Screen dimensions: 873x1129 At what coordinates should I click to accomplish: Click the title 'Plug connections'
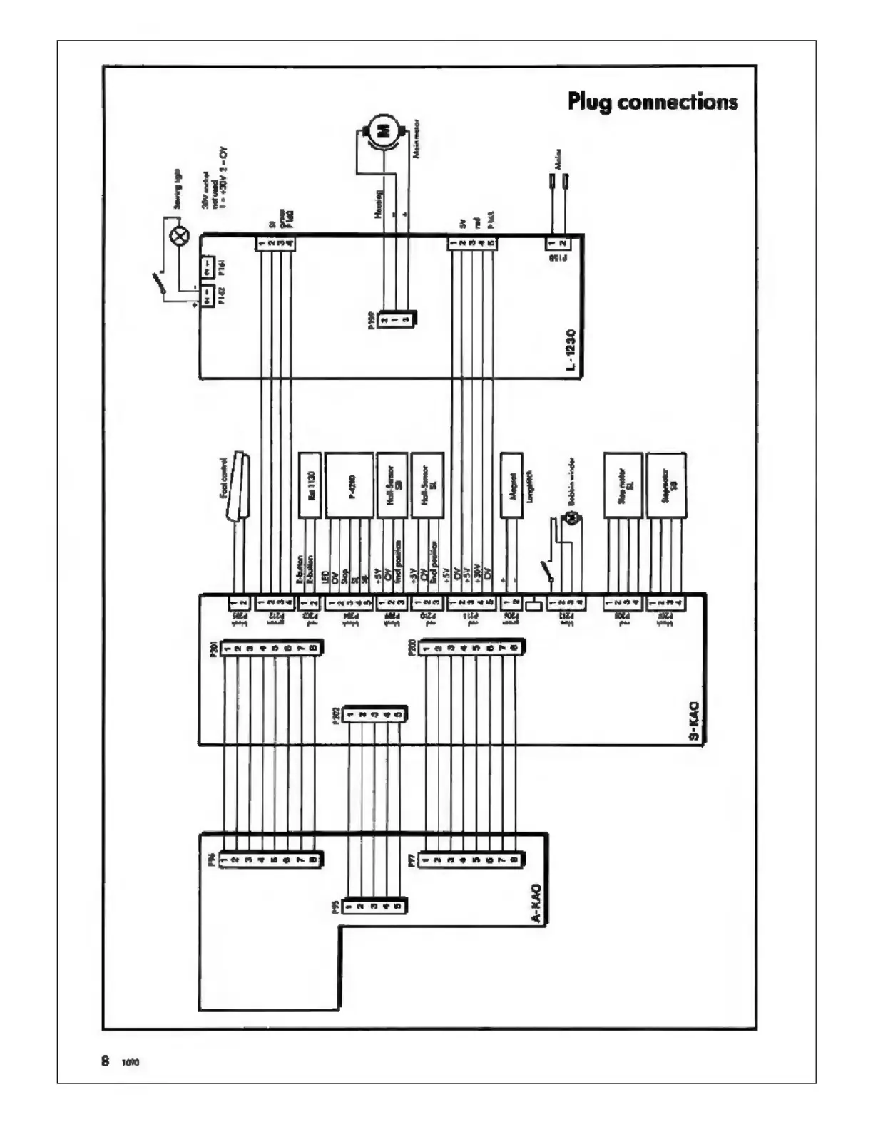click(x=653, y=102)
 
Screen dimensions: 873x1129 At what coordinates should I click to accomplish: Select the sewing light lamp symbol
click(x=179, y=236)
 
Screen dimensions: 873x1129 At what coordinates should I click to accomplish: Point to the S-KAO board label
click(x=695, y=722)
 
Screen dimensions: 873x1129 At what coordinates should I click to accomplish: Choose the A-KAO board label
click(x=536, y=905)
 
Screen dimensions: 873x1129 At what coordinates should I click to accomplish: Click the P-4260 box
click(x=349, y=485)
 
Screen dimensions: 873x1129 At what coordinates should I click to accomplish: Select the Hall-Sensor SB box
click(x=392, y=485)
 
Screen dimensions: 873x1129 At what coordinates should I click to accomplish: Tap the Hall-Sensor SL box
click(x=428, y=485)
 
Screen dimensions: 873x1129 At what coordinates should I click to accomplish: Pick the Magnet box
click(x=512, y=485)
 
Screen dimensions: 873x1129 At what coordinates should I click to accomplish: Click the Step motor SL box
click(x=623, y=485)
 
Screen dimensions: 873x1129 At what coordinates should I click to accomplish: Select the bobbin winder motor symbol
click(x=569, y=519)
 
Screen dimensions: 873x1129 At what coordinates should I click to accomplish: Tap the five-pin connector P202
click(x=374, y=714)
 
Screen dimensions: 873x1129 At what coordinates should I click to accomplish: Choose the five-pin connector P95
click(x=374, y=907)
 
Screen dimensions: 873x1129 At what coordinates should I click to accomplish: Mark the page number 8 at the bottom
click(x=106, y=1061)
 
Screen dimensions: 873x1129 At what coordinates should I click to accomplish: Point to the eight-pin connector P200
click(x=471, y=648)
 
